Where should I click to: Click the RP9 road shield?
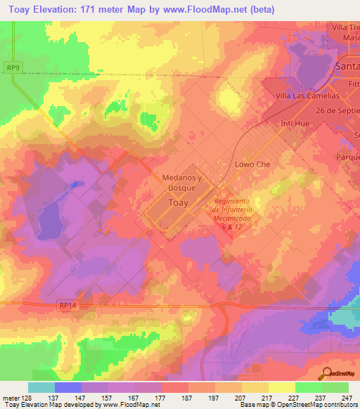[12, 67]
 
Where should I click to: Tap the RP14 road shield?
[66, 305]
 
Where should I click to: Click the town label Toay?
[179, 203]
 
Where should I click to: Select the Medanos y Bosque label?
[182, 183]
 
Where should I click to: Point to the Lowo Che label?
[252, 164]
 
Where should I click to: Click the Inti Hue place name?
[295, 124]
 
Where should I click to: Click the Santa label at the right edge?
[347, 65]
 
